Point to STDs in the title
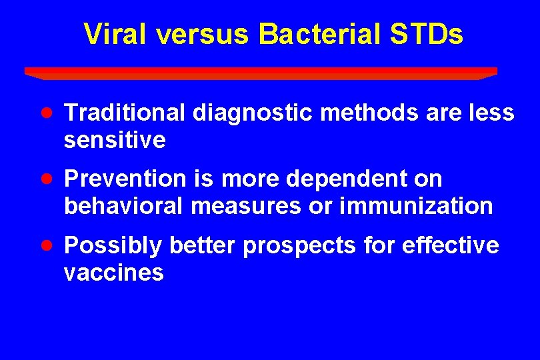point(427,35)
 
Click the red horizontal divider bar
point(261,72)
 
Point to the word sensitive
point(115,141)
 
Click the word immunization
point(416,207)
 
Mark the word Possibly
point(113,246)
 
